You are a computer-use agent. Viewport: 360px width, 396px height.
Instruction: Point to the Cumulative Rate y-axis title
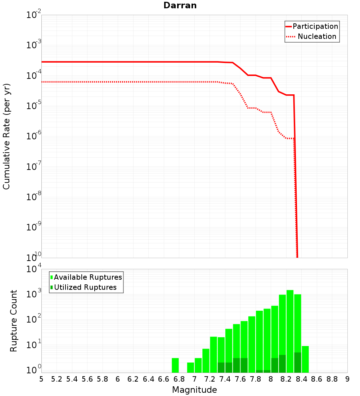click(x=6, y=136)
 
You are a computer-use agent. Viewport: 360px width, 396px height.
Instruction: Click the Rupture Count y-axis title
click(x=14, y=321)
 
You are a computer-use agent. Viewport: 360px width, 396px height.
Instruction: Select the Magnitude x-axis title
click(x=194, y=390)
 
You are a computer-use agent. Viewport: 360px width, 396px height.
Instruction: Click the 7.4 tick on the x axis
click(x=225, y=379)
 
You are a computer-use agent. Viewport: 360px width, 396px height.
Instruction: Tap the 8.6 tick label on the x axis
click(x=317, y=379)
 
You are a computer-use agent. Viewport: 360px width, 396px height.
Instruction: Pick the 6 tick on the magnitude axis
click(x=118, y=379)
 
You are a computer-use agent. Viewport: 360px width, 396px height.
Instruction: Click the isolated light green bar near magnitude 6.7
click(x=175, y=365)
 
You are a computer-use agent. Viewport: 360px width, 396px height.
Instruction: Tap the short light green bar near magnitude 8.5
click(x=305, y=359)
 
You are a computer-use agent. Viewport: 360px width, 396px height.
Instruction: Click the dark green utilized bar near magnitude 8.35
click(x=297, y=363)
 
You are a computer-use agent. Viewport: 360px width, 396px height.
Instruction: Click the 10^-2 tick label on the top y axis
click(x=34, y=15)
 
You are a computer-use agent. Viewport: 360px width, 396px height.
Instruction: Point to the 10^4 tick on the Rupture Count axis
click(x=34, y=269)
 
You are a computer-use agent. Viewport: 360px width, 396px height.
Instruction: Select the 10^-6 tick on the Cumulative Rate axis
click(x=34, y=136)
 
